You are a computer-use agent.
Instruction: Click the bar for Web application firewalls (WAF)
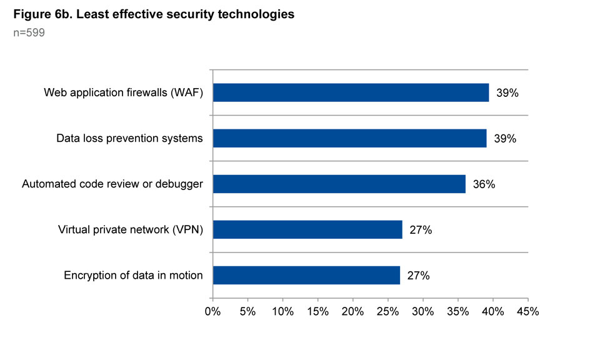point(351,92)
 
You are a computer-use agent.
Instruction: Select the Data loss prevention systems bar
point(349,138)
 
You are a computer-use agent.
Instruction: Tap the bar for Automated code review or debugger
point(339,184)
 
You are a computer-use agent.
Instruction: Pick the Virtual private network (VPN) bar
point(307,229)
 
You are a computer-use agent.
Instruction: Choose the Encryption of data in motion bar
point(306,275)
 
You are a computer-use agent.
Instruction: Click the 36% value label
point(484,184)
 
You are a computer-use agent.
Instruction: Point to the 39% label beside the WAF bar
point(507,93)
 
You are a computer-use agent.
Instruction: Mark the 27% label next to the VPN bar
point(421,230)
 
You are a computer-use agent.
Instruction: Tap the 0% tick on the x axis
point(213,311)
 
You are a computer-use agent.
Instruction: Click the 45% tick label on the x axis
point(527,311)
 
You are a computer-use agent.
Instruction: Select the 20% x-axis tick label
point(352,311)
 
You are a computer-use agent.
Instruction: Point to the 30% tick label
point(422,311)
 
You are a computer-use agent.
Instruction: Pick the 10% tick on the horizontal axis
point(282,311)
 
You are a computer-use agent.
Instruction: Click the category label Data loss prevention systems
point(129,138)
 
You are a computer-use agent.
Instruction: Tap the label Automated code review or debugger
point(112,184)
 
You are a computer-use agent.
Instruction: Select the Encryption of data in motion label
point(133,276)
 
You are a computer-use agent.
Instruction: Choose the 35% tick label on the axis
point(457,311)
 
